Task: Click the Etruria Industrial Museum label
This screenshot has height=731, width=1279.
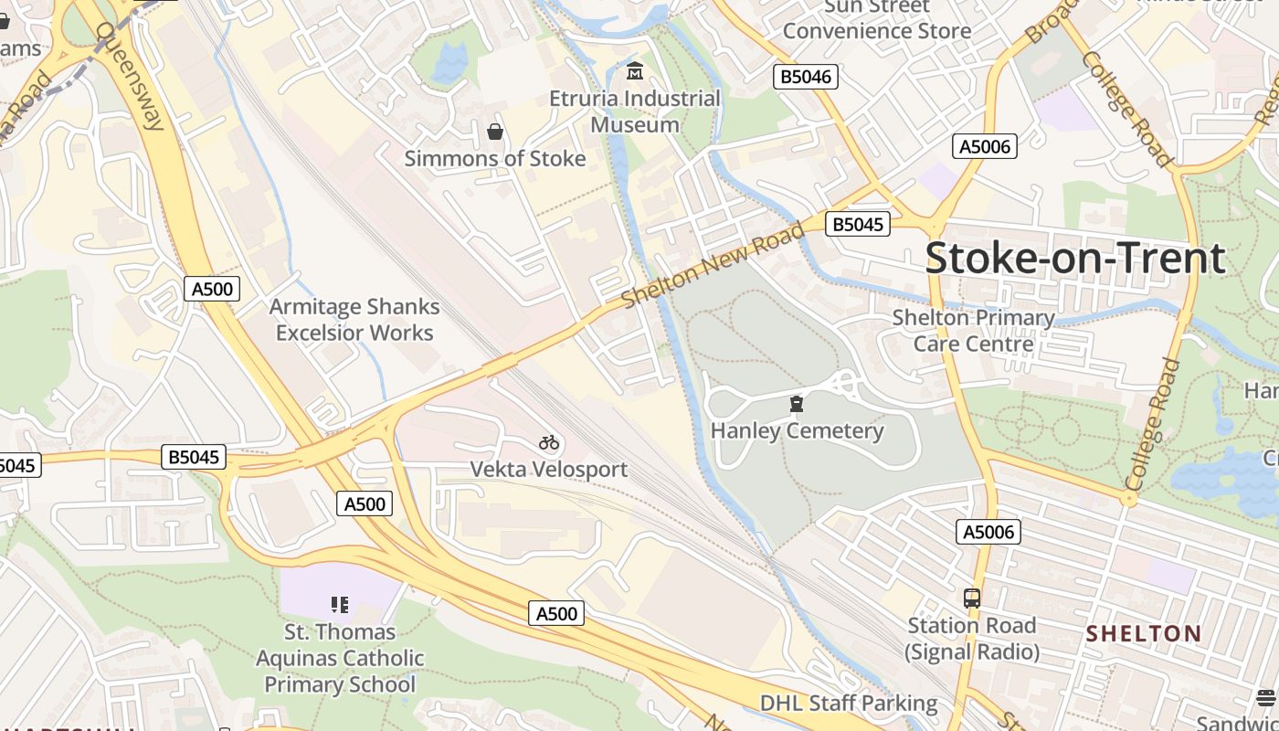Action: (635, 111)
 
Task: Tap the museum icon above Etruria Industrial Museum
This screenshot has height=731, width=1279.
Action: (635, 70)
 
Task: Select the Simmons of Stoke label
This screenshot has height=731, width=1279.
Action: (495, 158)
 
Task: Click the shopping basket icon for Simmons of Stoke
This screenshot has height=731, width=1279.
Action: (495, 132)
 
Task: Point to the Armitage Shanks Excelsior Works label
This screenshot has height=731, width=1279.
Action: (355, 320)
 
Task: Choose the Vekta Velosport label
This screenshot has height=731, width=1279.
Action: (548, 469)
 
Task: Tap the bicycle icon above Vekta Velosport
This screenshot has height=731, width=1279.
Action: (548, 443)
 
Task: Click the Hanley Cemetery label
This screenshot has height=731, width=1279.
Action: (797, 430)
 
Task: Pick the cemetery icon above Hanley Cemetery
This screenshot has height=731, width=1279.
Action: (797, 403)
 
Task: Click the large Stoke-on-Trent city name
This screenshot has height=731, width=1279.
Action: (1074, 259)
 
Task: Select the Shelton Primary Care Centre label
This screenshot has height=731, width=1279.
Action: (973, 331)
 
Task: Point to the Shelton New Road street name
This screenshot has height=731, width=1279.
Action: (713, 264)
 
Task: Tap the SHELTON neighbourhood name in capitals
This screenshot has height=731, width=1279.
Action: (1143, 633)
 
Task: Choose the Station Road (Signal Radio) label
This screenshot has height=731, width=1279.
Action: (972, 639)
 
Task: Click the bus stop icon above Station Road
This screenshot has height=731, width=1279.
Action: (972, 599)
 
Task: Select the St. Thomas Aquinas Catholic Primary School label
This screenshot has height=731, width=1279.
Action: (340, 658)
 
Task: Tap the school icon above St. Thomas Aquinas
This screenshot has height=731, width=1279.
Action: (340, 604)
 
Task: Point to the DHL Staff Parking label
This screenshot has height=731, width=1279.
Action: (849, 703)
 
